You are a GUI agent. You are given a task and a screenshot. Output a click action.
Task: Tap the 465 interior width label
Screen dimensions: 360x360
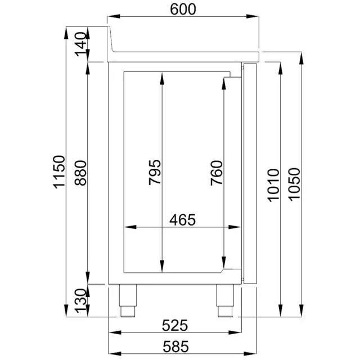[184, 219]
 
